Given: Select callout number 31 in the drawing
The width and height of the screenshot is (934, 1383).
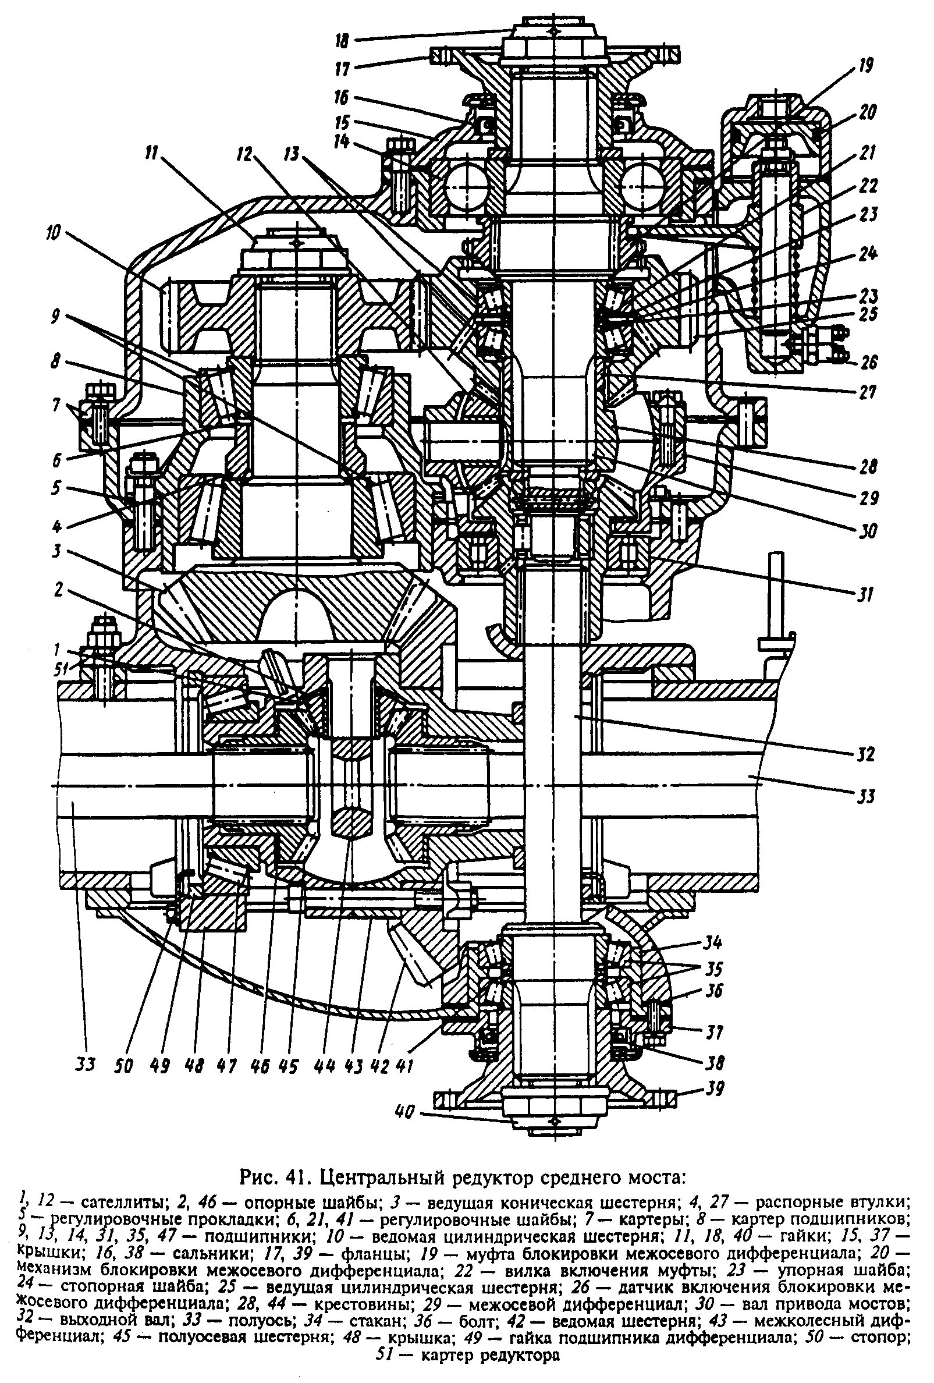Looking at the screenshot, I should [866, 593].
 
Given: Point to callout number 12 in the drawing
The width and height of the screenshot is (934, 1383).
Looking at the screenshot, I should [244, 154].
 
